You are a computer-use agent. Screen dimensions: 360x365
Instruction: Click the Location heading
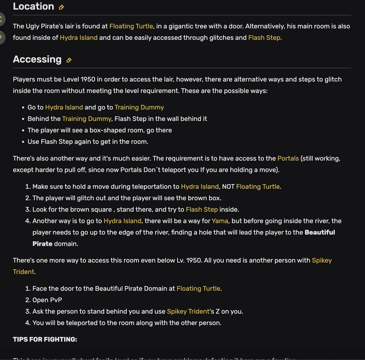click(x=33, y=7)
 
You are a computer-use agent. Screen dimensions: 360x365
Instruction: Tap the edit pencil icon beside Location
click(x=61, y=7)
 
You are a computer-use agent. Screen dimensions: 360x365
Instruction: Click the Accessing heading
click(x=37, y=59)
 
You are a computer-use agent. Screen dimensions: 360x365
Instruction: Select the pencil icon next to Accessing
click(x=69, y=60)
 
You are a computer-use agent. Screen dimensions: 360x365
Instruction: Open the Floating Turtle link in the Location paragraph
click(x=131, y=26)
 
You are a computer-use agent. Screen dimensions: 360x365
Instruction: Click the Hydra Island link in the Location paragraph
click(x=78, y=38)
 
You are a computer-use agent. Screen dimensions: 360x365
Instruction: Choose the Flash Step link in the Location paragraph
click(x=264, y=38)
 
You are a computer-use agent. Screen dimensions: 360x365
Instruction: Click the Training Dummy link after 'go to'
click(x=139, y=107)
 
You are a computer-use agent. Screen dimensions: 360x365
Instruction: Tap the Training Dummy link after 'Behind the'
click(x=87, y=119)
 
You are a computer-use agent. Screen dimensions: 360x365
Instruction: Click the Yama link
click(x=219, y=221)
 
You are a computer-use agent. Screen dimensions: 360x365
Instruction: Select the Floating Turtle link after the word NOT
click(x=258, y=187)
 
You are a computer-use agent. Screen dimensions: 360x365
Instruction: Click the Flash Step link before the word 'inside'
click(x=202, y=209)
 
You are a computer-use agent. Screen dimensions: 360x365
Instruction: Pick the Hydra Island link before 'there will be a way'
click(x=122, y=221)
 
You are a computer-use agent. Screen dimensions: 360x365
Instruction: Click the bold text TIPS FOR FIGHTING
click(x=45, y=339)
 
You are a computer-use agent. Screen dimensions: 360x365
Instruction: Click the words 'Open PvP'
click(x=47, y=300)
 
